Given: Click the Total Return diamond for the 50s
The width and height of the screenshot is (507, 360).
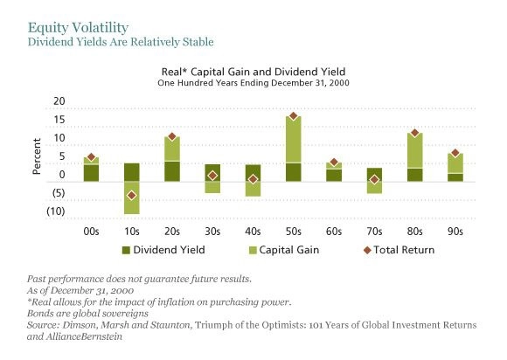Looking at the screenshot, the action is point(293,115).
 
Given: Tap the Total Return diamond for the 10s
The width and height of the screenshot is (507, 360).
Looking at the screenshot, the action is point(132,195).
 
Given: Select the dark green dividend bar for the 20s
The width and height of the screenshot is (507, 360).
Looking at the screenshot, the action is point(172,171).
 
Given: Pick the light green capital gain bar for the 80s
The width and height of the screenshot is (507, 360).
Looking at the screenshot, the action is point(415,150).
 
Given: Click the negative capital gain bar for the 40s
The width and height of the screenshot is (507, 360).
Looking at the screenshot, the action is point(253,189).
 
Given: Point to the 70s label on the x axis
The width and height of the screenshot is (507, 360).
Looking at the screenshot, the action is point(374,232).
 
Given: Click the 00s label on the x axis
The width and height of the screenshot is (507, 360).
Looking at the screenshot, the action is point(91,232).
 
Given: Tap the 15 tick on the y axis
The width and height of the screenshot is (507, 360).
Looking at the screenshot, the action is point(59,120).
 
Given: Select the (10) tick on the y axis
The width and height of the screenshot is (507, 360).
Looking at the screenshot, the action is point(56,211).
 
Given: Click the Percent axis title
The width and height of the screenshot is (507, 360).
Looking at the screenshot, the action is point(37,156).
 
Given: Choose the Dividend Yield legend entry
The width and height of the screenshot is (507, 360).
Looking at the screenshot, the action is point(163,250).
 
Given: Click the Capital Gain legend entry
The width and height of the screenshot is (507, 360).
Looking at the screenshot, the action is point(285,250).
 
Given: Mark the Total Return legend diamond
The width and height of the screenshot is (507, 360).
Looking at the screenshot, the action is point(367,250).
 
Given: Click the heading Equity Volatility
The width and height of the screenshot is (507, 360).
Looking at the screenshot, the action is point(79,27).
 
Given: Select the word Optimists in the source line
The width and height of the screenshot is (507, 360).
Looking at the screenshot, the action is point(283,325).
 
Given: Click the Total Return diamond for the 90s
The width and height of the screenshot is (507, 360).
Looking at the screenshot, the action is point(455,153).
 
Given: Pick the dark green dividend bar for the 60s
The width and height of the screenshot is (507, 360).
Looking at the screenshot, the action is point(334,175).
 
